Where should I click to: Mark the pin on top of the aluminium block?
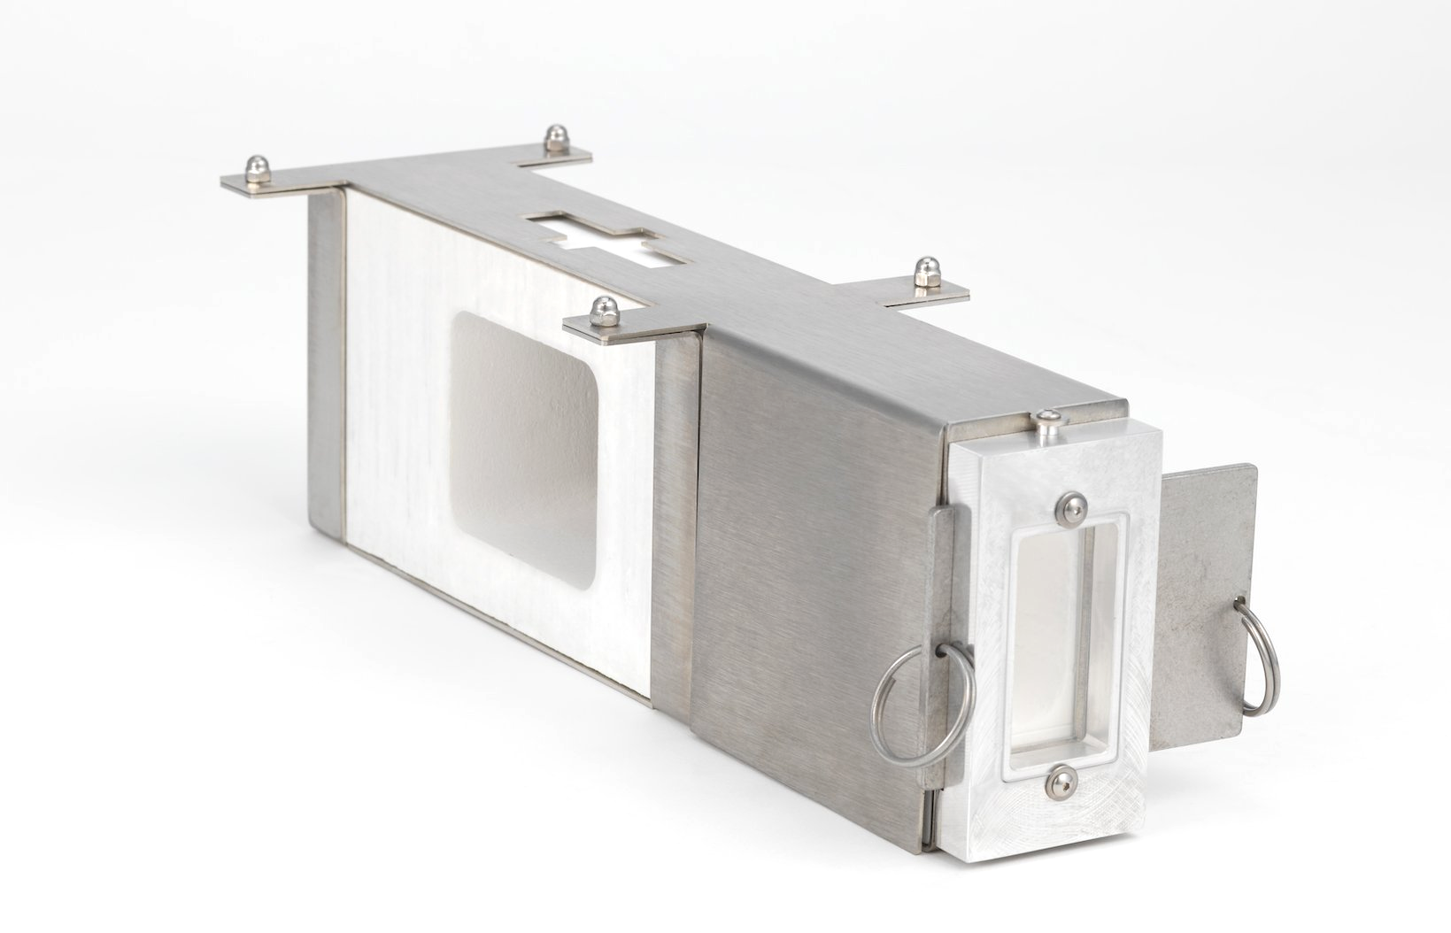1048,422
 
